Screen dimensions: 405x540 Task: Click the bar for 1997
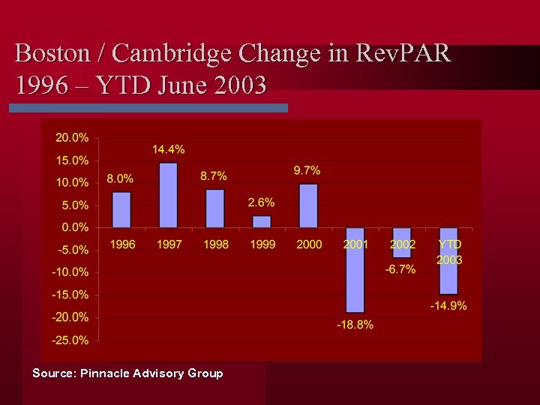point(169,195)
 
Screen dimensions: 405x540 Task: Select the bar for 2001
point(355,270)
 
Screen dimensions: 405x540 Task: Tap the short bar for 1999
point(262,221)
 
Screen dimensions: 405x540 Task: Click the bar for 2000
point(308,205)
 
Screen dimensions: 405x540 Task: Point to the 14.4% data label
point(169,150)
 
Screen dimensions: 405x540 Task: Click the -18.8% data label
point(355,324)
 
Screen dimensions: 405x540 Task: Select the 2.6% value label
point(261,202)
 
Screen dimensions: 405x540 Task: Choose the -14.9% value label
point(448,305)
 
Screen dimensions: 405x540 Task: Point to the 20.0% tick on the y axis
point(72,138)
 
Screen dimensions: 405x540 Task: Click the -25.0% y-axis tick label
point(70,340)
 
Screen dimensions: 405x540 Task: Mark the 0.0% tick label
point(75,227)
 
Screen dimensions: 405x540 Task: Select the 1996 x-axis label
point(122,244)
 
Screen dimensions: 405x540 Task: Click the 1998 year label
point(215,244)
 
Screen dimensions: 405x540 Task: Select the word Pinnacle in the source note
point(105,373)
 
